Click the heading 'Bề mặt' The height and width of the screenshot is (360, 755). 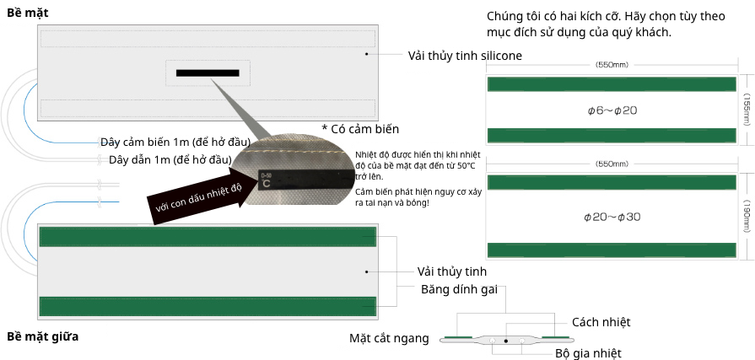pos(28,13)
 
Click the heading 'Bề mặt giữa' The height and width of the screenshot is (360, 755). pos(42,336)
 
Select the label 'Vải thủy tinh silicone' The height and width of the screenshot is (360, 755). pos(465,56)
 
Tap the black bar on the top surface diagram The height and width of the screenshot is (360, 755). pos(208,73)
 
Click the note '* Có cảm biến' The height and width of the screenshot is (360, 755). pos(360,129)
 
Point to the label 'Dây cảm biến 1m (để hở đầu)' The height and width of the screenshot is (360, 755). pos(175,142)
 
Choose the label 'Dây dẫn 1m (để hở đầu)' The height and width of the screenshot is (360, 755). pos(170,159)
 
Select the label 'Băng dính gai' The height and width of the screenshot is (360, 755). pos(459,289)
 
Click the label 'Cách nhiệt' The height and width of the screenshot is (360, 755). pos(601,322)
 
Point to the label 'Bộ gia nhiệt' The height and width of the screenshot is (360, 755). pos(588,352)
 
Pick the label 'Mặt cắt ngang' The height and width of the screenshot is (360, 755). pos(389,338)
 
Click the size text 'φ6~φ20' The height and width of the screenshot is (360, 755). pos(612,110)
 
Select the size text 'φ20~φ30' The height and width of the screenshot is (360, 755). pos(612,217)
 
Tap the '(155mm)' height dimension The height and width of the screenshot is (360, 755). pos(747,110)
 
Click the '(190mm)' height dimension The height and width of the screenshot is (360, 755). pos(747,217)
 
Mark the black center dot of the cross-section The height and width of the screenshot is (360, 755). pos(505,341)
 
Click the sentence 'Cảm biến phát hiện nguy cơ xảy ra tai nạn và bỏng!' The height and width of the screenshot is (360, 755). pos(418,196)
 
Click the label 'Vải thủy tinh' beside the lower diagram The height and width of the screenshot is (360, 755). pos(451,271)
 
